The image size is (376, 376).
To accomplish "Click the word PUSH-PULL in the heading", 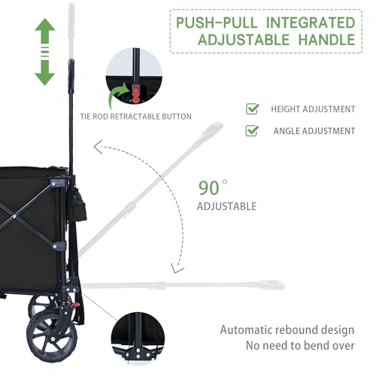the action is [x=217, y=23].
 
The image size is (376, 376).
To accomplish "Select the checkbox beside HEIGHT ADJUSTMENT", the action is [x=252, y=109].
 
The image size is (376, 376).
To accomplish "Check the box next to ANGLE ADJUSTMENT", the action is [x=252, y=130].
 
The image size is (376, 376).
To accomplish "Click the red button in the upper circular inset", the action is [x=135, y=93].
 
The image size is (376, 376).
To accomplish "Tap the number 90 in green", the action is [x=209, y=188].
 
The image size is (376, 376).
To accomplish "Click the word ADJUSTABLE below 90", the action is [x=227, y=206].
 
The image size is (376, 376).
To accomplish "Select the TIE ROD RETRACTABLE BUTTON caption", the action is [x=135, y=117].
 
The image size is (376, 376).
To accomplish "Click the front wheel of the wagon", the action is [x=52, y=337].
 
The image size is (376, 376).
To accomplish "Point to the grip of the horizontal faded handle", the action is [x=267, y=285].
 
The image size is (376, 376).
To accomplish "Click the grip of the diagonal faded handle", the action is [x=208, y=132].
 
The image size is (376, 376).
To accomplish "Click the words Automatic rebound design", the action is [x=287, y=330].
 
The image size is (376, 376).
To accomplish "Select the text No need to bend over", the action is [x=300, y=345].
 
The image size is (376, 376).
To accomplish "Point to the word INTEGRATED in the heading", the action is [x=311, y=23].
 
